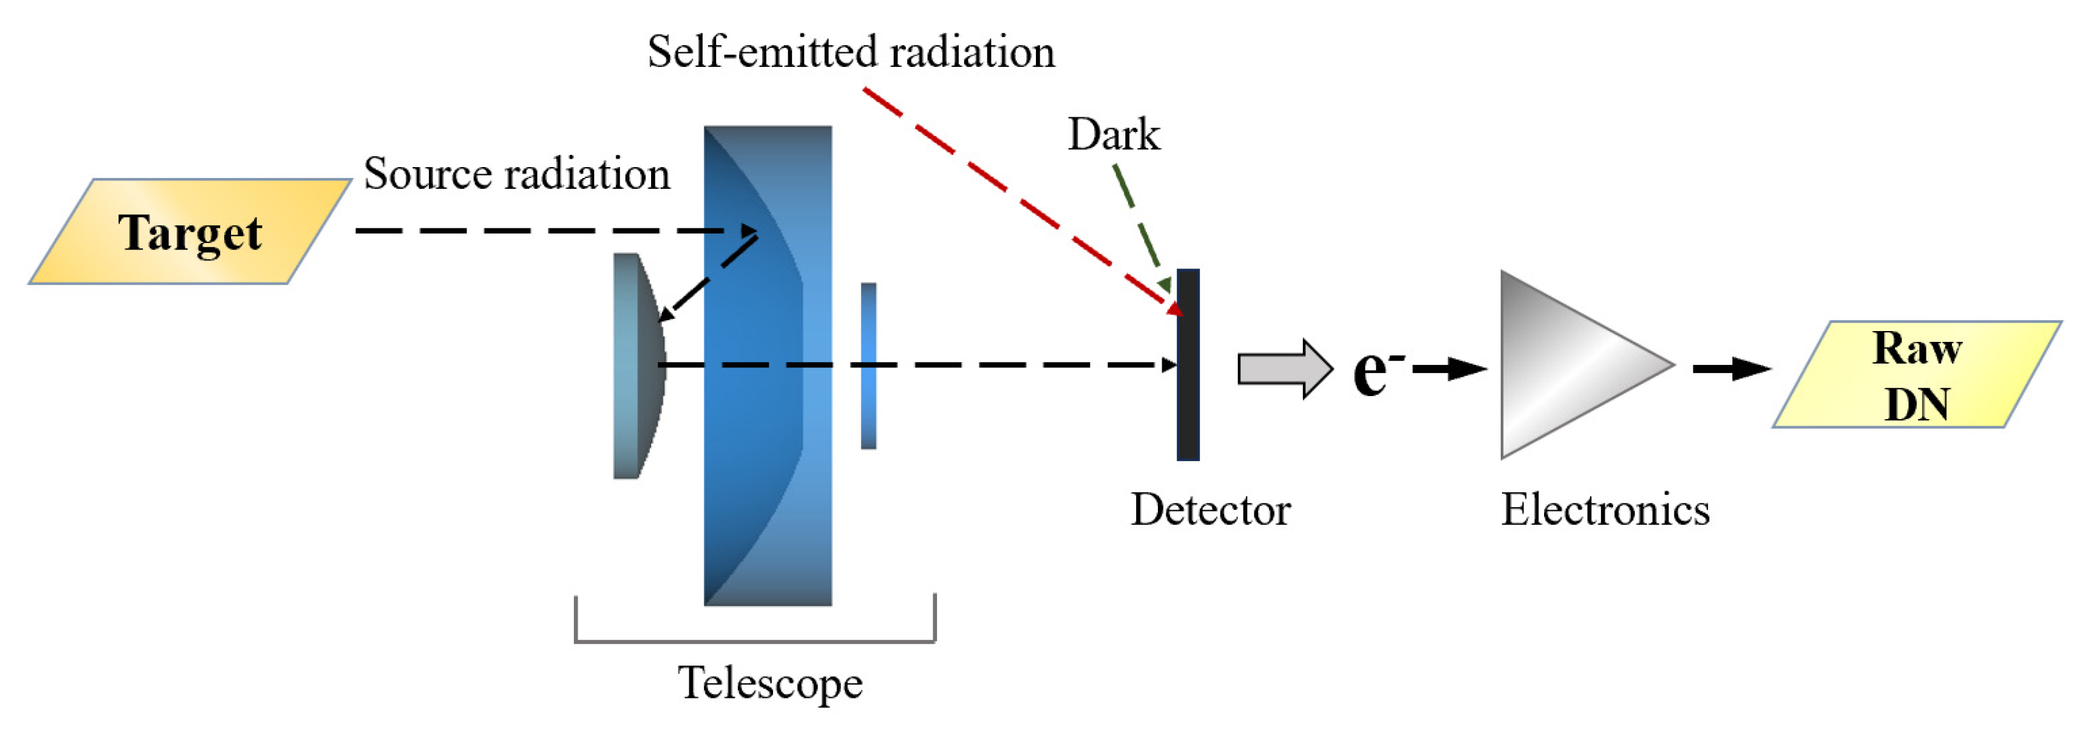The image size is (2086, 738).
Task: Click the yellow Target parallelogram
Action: [x=190, y=232]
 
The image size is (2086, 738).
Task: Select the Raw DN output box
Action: [x=1917, y=374]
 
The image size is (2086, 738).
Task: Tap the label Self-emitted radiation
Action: [x=850, y=52]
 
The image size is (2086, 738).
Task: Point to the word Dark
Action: [x=1113, y=135]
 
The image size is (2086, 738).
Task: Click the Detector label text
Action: [x=1211, y=510]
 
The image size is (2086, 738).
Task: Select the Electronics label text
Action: [x=1605, y=510]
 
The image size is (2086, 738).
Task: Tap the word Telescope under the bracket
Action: [x=769, y=682]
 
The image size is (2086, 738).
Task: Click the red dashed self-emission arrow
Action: [x=1012, y=194]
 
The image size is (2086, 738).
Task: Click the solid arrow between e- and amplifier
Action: [x=1450, y=369]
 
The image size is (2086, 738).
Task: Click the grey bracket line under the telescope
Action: [x=754, y=642]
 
